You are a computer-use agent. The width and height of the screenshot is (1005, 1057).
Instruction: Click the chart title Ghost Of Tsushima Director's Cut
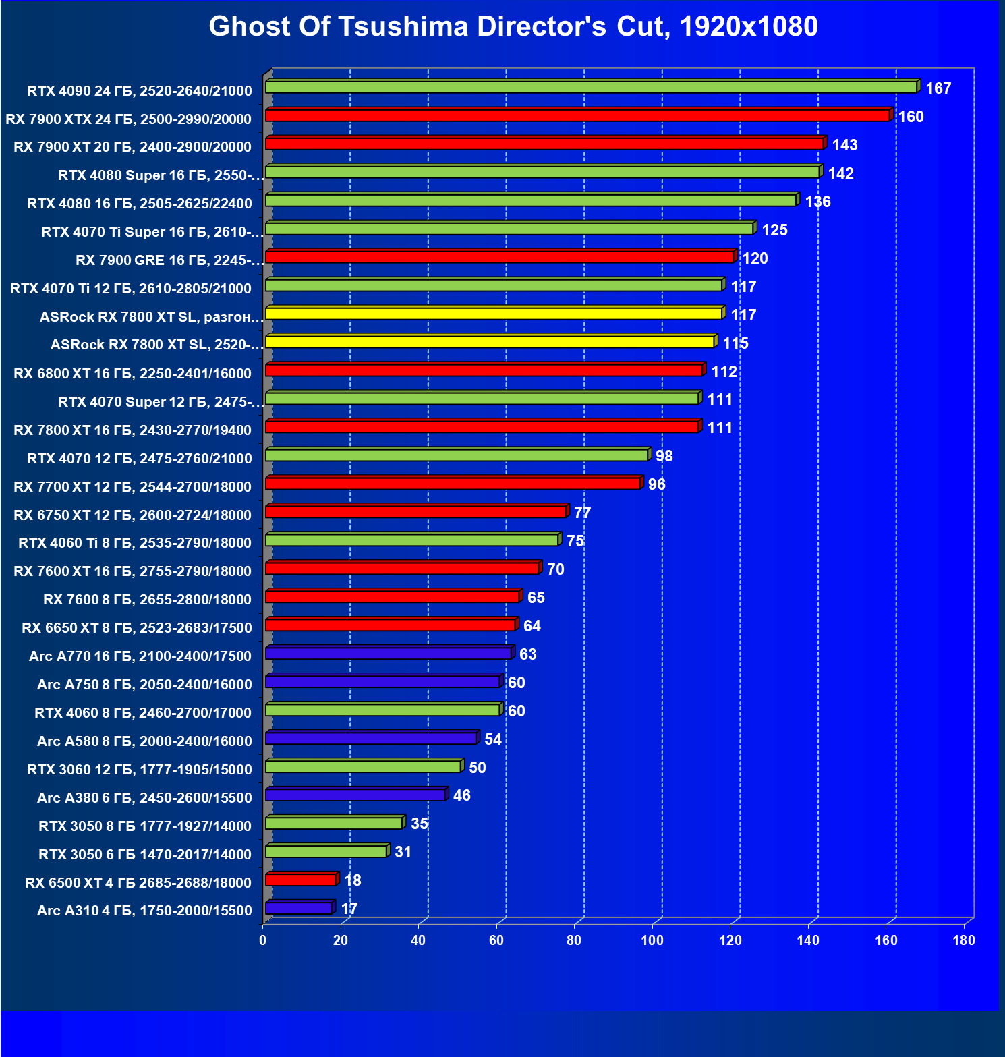513,27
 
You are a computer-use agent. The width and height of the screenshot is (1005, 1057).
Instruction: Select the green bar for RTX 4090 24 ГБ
590,88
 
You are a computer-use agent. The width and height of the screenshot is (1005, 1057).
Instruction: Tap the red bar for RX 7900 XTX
577,116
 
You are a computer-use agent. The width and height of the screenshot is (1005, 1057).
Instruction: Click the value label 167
938,88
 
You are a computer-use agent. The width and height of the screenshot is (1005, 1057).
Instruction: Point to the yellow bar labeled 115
489,342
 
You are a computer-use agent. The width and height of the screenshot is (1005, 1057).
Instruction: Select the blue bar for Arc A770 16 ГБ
388,654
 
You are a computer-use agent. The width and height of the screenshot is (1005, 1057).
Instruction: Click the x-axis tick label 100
652,940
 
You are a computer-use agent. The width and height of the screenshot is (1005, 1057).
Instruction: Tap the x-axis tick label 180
964,940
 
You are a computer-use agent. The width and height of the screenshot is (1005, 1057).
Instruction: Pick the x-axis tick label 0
263,940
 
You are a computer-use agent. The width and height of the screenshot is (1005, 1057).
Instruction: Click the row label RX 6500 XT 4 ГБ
138,883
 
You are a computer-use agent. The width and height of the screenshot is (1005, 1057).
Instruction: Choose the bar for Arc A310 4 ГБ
298,909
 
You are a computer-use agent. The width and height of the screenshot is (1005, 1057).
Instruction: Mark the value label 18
353,880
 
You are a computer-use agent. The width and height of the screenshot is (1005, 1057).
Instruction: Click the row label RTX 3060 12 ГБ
140,770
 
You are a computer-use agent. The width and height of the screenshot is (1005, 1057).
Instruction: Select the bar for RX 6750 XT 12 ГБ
415,512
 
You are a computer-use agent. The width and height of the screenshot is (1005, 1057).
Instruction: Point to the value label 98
664,456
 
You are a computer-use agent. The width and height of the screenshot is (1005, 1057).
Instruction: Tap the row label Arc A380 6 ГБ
144,798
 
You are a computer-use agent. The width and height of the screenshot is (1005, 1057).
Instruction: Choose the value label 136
817,202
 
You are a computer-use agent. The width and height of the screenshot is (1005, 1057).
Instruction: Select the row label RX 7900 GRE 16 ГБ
169,260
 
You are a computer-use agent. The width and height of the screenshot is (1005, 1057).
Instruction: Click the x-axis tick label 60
496,940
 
